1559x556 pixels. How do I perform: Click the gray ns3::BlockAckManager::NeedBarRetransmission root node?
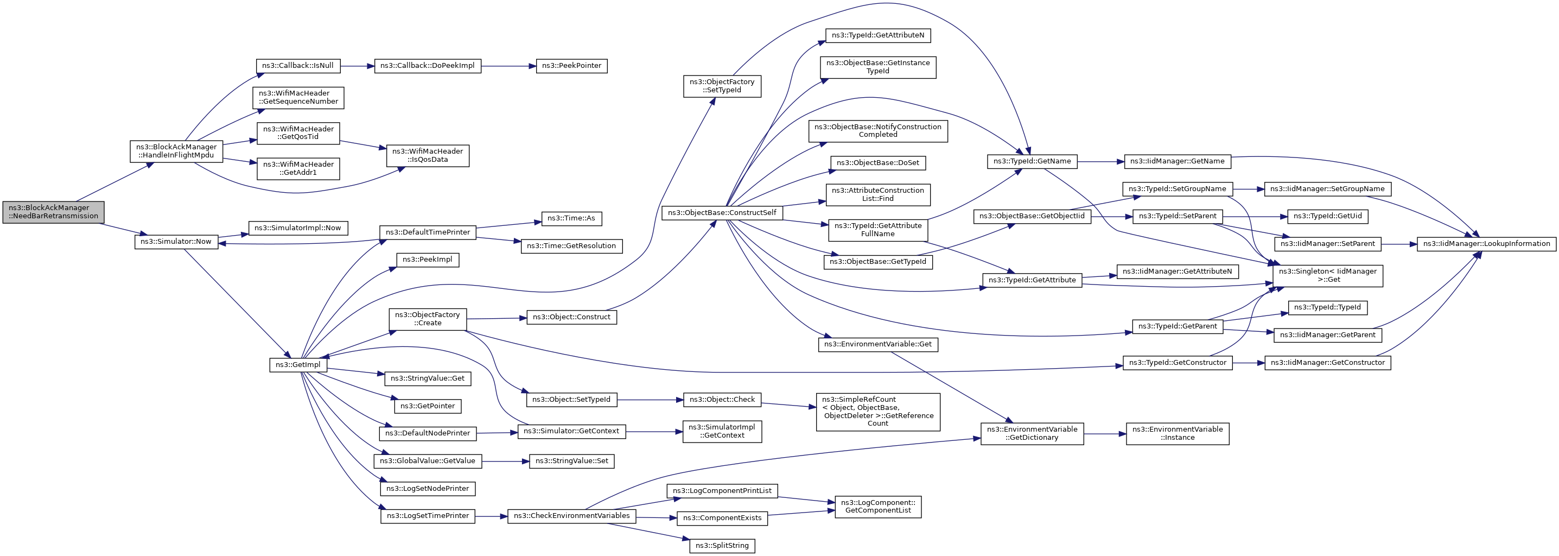[53, 212]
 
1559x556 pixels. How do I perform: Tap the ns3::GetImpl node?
[298, 365]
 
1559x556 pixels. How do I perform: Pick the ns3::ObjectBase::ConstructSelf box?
[722, 213]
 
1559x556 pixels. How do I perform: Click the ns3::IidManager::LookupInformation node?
[1486, 243]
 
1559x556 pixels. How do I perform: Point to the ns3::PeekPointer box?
[571, 65]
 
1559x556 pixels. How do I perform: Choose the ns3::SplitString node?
[722, 546]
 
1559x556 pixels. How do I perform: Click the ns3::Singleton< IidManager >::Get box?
[1328, 276]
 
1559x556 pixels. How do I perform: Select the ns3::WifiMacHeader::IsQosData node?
[428, 156]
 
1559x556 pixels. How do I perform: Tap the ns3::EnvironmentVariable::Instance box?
[1178, 434]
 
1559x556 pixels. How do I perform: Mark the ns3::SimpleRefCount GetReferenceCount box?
[878, 412]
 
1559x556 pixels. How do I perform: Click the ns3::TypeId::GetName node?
[1033, 161]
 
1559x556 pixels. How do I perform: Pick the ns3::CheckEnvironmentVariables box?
[572, 516]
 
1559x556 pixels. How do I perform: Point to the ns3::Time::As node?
[571, 218]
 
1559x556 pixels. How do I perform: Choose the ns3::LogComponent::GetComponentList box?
[878, 507]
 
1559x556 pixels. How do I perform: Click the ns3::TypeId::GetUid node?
[1327, 216]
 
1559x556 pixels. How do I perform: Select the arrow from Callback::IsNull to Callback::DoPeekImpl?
[358, 65]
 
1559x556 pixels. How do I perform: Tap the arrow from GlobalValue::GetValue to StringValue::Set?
[506, 461]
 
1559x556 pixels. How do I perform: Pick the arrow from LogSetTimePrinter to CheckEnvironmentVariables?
[492, 516]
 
